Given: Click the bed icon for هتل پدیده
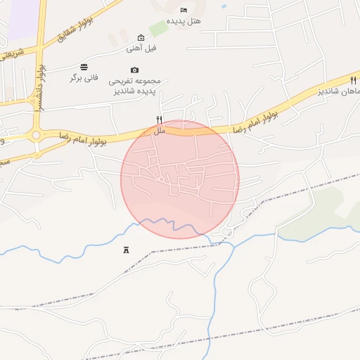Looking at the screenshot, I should click(x=184, y=11).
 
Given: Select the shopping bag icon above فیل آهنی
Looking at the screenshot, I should click(x=141, y=37).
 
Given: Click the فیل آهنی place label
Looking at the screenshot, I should click(x=141, y=49).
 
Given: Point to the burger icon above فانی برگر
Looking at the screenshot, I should click(x=84, y=67).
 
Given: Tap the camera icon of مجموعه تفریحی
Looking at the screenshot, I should click(x=134, y=70).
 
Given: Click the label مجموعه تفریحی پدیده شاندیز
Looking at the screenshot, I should click(x=134, y=86).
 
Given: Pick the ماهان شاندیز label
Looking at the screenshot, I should click(x=337, y=91).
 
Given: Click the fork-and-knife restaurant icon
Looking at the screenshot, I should click(x=159, y=120).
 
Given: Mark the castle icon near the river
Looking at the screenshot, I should click(x=127, y=250).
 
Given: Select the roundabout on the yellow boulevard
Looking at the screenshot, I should click(x=35, y=135).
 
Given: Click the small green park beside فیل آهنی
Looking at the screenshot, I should click(x=158, y=28).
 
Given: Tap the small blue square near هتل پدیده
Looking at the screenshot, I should click(x=224, y=6).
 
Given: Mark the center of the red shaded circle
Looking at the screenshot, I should click(x=180, y=179).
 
